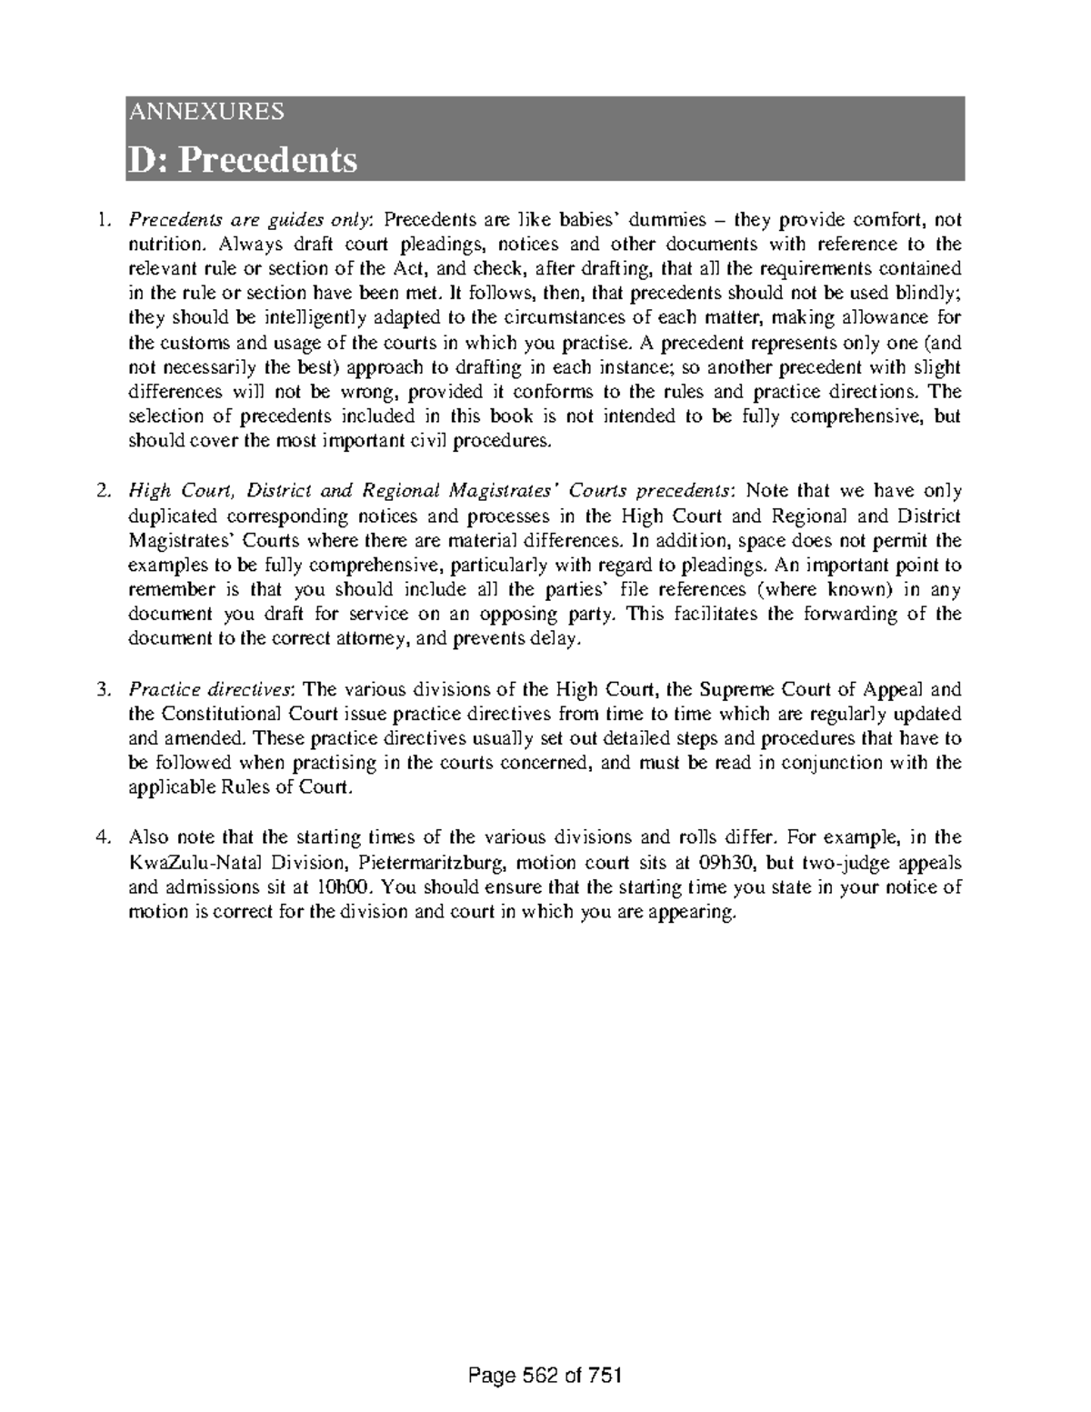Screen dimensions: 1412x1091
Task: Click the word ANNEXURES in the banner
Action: [206, 112]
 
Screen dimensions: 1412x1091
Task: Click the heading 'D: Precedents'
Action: [242, 160]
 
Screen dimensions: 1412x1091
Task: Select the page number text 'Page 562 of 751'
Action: [545, 1376]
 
